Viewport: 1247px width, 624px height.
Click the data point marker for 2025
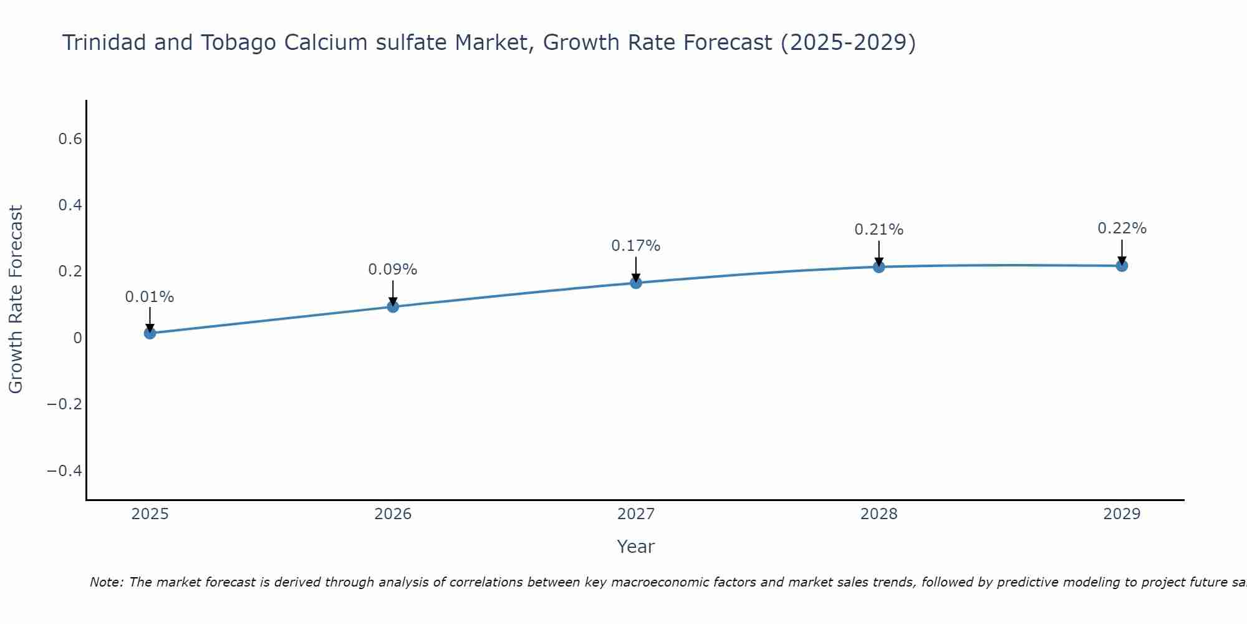click(150, 333)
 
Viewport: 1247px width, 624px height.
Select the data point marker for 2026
click(393, 306)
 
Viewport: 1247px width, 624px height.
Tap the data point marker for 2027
click(636, 283)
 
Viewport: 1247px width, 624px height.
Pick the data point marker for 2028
click(879, 267)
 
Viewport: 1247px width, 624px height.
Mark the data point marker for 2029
click(1122, 266)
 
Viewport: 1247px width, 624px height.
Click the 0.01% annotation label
click(150, 297)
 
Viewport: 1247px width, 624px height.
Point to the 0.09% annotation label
click(393, 270)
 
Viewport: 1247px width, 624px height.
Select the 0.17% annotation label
click(636, 246)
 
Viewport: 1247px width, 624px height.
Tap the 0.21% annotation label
click(879, 230)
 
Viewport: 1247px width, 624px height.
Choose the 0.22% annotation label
click(1122, 228)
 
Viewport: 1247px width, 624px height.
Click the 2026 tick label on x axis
click(393, 514)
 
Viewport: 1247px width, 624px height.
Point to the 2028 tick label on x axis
click(879, 514)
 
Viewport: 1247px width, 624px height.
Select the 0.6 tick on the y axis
click(70, 139)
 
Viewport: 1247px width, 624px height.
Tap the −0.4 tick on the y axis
click(65, 470)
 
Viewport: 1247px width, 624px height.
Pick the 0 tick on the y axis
click(78, 338)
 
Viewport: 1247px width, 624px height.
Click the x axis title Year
click(636, 547)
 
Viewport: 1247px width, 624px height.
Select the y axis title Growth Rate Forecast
click(16, 300)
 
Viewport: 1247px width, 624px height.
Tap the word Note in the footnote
click(107, 582)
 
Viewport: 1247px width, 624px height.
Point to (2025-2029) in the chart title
click(848, 43)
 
